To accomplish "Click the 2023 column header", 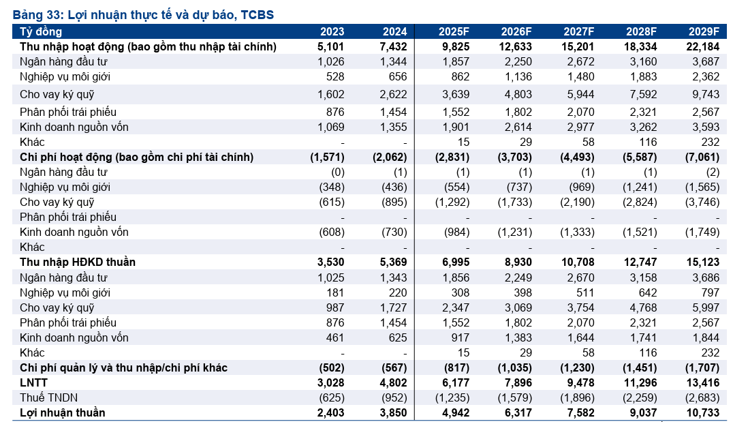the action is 332,31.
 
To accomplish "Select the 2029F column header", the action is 704,31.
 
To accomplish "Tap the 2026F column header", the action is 516,31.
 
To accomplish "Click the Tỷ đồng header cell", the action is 41,32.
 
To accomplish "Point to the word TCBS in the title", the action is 257,14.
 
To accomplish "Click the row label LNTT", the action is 33,382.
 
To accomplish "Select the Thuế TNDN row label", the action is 48,397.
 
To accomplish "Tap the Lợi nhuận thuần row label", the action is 62,412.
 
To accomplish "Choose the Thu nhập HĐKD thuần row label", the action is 78,262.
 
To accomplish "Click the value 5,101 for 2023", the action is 330,47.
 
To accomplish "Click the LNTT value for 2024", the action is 394,382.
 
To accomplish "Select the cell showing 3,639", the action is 456,95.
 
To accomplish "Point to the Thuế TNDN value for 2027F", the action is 577,397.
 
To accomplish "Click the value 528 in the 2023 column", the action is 335,77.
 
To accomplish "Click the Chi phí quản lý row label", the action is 123,367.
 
